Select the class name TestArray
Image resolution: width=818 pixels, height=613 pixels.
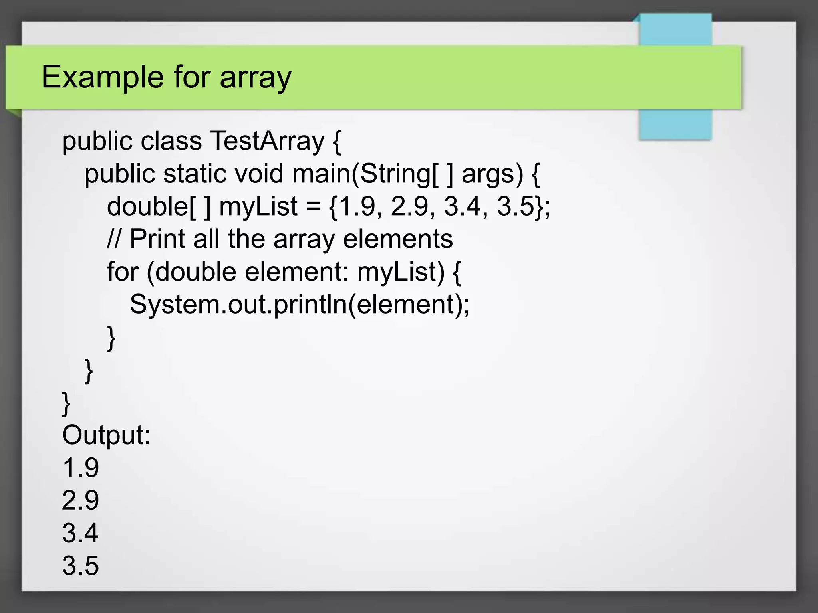267,141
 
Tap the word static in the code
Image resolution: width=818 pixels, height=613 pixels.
194,174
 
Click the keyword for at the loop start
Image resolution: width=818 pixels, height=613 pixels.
122,272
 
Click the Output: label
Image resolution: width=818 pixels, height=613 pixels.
106,435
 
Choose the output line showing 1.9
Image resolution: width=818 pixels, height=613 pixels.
80,468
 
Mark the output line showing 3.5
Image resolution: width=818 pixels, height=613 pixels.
80,566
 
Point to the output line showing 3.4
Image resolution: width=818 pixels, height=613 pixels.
80,533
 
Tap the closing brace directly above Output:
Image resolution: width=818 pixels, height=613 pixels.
66,403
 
